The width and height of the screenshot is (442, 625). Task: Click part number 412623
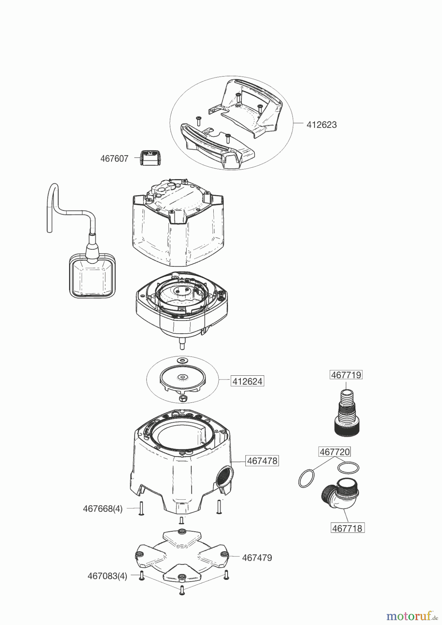(x=321, y=125)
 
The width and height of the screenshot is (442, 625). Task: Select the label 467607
(x=114, y=159)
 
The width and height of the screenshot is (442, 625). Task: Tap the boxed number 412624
(x=247, y=381)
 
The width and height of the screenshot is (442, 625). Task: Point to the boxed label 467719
(x=346, y=375)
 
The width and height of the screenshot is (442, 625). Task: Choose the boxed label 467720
(x=334, y=452)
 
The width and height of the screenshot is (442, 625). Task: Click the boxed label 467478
(x=262, y=461)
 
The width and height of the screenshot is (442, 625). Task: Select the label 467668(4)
(x=103, y=509)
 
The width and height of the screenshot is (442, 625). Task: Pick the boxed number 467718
(x=347, y=528)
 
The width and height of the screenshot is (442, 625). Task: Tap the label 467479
(x=257, y=558)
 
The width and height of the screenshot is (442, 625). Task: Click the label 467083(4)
(x=107, y=576)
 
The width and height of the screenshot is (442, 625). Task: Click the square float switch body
(x=92, y=275)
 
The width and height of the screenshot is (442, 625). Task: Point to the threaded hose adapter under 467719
(x=345, y=413)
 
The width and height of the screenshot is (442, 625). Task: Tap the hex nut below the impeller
(x=182, y=398)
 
